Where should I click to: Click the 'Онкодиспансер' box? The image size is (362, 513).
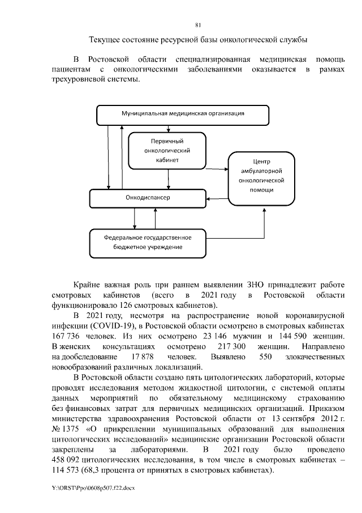[147, 197]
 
